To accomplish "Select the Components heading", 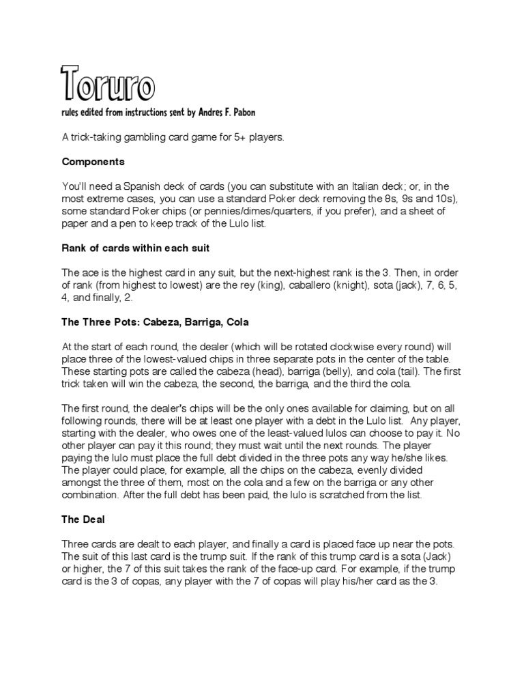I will pos(93,162).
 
